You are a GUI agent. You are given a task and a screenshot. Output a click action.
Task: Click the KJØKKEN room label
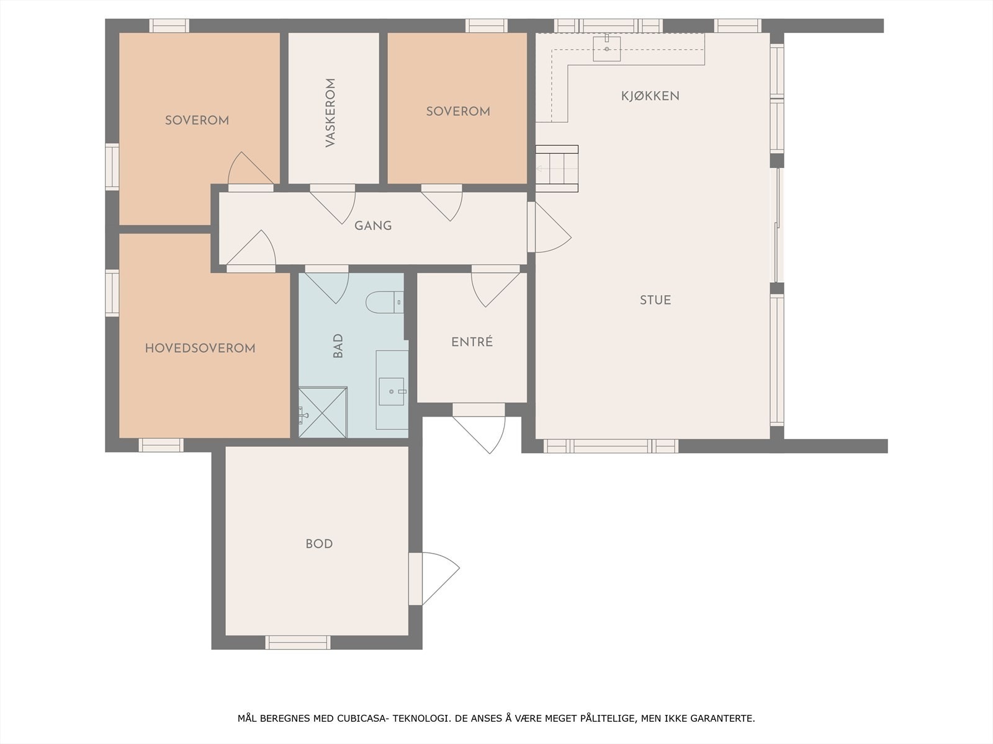(650, 96)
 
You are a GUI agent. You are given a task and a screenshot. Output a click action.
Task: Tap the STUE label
(655, 300)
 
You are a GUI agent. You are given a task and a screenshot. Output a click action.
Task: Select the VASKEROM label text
(330, 112)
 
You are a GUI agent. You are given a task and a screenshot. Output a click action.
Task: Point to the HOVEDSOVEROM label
(200, 348)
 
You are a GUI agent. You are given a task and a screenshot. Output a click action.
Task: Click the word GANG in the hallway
(373, 226)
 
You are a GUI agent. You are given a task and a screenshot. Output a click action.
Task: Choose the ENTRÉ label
(472, 342)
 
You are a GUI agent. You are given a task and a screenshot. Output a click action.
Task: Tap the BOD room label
(319, 544)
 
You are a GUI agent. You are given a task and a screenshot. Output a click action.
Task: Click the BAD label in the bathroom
(338, 346)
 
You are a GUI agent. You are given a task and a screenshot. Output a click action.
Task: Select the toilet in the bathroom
(385, 302)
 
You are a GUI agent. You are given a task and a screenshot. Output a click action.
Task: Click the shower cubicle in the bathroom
(323, 412)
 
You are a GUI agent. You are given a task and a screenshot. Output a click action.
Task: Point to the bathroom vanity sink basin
(392, 392)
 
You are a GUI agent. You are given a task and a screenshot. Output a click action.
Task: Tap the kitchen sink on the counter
(606, 48)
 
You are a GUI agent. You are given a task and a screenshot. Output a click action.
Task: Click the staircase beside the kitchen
(557, 169)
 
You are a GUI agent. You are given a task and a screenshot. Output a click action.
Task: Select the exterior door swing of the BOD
(434, 578)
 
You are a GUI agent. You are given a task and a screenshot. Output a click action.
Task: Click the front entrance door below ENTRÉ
(479, 428)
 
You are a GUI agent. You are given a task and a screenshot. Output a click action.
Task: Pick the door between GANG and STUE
(549, 227)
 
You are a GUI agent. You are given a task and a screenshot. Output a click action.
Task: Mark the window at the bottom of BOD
(298, 642)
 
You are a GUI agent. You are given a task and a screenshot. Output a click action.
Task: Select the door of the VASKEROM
(333, 204)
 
